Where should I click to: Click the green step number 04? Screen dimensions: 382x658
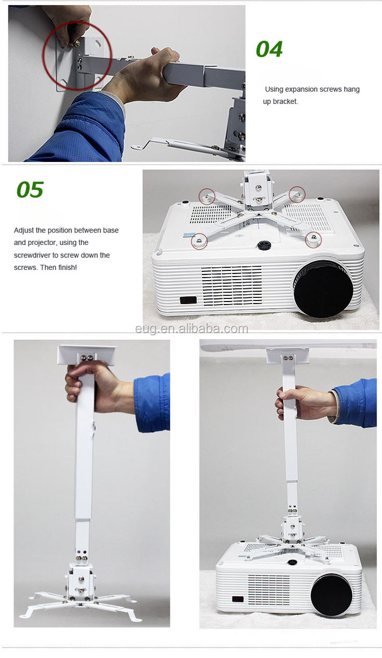(x=269, y=49)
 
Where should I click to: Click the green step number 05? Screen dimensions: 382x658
(x=30, y=189)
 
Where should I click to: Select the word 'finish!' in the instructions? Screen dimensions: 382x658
(x=67, y=267)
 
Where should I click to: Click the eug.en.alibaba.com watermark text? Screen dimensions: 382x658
(x=192, y=328)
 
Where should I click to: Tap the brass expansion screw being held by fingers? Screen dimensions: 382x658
(x=76, y=44)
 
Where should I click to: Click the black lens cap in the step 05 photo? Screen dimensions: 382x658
(x=323, y=288)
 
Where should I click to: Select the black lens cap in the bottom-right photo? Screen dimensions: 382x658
(x=331, y=594)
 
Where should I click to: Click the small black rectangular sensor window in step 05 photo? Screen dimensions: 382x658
(x=188, y=300)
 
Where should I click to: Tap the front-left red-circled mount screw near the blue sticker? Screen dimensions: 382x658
(x=199, y=241)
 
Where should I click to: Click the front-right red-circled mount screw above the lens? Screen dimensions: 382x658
(x=313, y=240)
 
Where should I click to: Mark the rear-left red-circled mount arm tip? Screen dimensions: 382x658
(x=207, y=196)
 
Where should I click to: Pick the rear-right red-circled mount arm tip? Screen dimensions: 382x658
(x=297, y=194)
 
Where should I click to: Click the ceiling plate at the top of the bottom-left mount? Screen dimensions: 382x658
(x=88, y=355)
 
